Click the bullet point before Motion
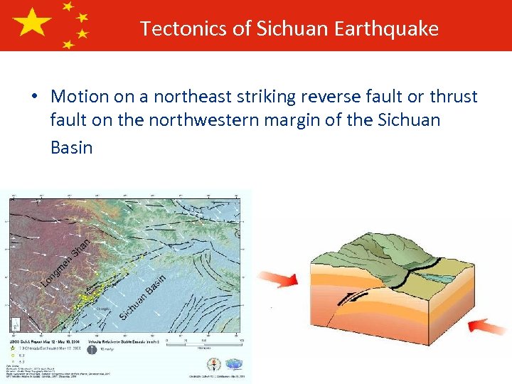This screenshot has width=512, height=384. pyautogui.click(x=35, y=97)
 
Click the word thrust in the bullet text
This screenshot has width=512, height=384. pyautogui.click(x=453, y=96)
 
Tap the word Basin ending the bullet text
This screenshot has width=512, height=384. pyautogui.click(x=72, y=147)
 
